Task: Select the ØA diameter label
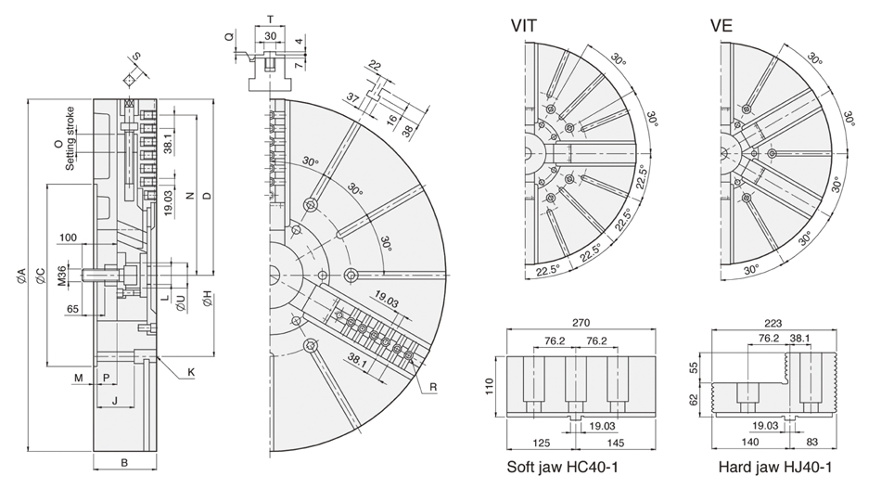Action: [21, 276]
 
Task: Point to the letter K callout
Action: [190, 372]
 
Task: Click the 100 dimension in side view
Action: [67, 238]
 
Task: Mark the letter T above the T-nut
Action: [270, 19]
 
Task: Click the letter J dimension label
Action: [114, 401]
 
